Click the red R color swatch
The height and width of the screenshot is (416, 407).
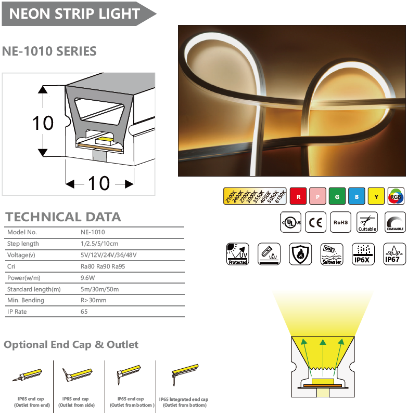(298, 197)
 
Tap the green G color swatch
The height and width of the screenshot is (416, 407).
(337, 197)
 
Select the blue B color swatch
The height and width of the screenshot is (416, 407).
(357, 197)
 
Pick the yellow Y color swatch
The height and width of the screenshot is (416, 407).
(376, 197)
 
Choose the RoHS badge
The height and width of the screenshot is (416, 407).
(341, 222)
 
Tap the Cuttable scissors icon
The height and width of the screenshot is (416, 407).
(367, 222)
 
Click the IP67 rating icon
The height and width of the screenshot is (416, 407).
(393, 253)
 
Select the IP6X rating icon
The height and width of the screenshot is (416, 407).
(363, 253)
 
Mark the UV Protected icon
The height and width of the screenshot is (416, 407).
(238, 253)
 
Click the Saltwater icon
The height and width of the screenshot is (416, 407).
(332, 253)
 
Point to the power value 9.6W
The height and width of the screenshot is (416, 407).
(88, 277)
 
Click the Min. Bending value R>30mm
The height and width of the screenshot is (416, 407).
(93, 300)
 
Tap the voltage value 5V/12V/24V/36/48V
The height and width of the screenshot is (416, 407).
(108, 254)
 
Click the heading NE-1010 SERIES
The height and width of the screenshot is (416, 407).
(49, 51)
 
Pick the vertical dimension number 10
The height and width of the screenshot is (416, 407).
(43, 123)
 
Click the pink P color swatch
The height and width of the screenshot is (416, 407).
(317, 197)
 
